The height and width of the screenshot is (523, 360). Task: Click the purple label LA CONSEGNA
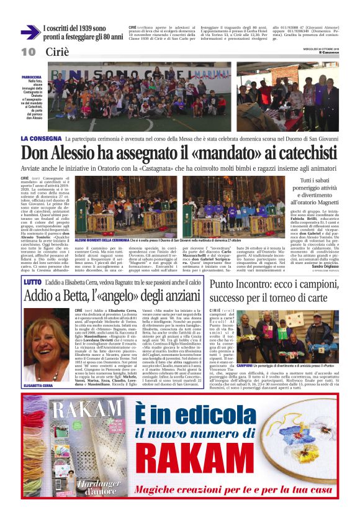click(x=40, y=138)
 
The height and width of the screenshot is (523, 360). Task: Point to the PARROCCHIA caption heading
click(x=31, y=78)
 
